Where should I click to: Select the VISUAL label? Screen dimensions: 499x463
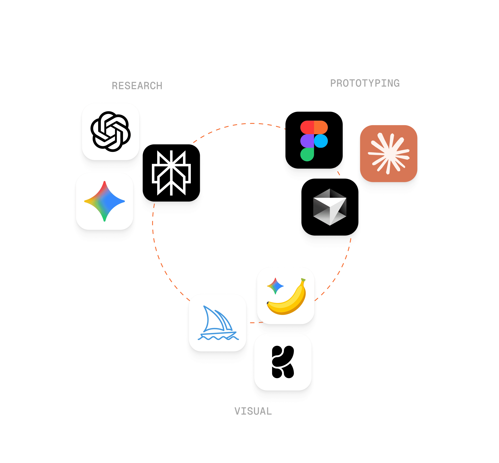pos(253,411)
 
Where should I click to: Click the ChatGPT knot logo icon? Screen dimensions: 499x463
pos(111,132)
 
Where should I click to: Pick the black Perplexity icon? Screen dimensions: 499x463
pos(171,173)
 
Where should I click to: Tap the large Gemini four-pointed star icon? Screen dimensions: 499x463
pos(105,201)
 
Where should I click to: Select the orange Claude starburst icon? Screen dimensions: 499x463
pos(388,153)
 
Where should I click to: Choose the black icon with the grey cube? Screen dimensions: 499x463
pos(330,207)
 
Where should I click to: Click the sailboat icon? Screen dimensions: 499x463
pos(217,323)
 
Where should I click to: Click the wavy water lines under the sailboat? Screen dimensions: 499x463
pos(218,338)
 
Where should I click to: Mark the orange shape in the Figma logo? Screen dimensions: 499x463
pos(321,127)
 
